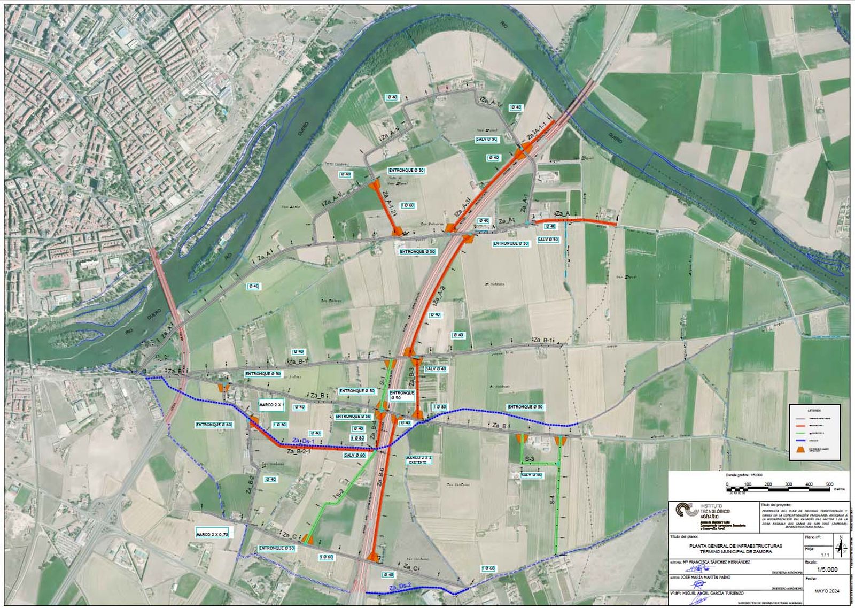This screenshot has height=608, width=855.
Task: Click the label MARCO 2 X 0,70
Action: [x=212, y=534]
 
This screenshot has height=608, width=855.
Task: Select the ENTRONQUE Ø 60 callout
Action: [x=214, y=425]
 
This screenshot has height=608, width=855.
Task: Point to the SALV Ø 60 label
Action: [x=354, y=455]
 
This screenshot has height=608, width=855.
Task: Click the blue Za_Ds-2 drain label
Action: [x=400, y=587]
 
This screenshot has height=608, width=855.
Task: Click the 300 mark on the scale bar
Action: [x=788, y=484]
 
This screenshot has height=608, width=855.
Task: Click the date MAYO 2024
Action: [x=826, y=591]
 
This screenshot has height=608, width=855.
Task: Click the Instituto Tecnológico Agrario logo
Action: [x=685, y=511]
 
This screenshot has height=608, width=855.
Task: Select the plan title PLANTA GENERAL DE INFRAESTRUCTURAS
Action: [x=735, y=546]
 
